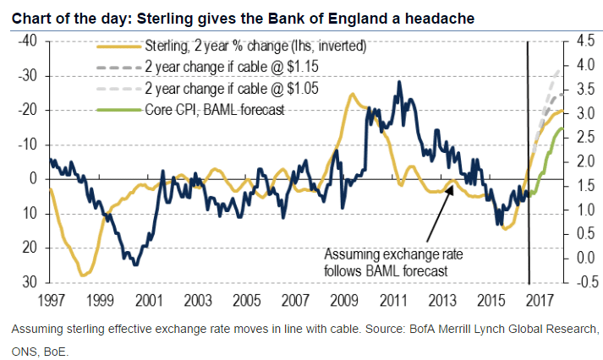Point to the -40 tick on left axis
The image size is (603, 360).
[x=30, y=41]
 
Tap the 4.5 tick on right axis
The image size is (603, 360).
[x=578, y=41]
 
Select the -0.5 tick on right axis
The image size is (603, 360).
[x=578, y=282]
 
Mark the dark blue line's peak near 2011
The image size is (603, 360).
[x=398, y=82]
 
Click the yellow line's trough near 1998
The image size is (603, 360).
[x=83, y=275]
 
